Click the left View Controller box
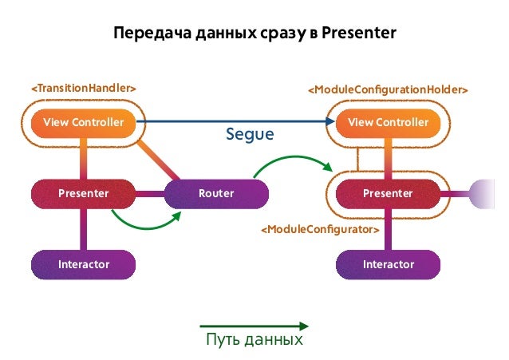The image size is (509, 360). coord(83,122)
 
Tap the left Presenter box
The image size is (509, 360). coord(83,193)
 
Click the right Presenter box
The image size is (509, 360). coord(389,193)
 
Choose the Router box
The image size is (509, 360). coord(216,193)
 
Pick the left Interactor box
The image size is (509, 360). coord(83,263)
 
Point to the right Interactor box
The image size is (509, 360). coord(389,263)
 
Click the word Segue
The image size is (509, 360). coord(250,136)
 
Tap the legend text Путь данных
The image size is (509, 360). coord(254,340)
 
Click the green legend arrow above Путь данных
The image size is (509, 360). coord(254,325)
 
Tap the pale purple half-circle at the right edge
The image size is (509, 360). coord(486,193)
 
